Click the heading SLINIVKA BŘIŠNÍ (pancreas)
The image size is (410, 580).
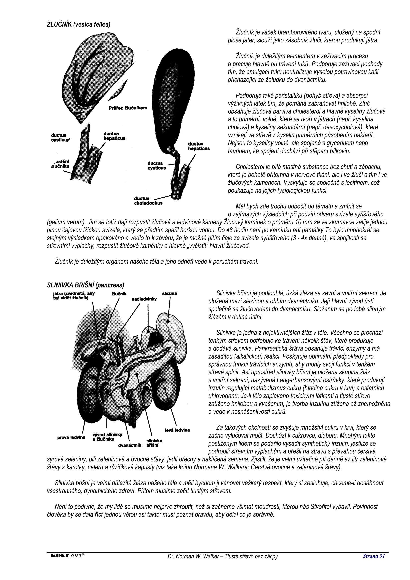[x=85, y=285]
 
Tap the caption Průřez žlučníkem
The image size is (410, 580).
[x=128, y=108]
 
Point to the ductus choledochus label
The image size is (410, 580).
[x=148, y=201]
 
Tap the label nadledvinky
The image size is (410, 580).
[x=144, y=299]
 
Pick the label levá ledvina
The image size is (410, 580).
[x=177, y=430]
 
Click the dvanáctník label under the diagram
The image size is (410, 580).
[x=130, y=445]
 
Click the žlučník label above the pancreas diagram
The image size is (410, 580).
[x=119, y=294]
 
